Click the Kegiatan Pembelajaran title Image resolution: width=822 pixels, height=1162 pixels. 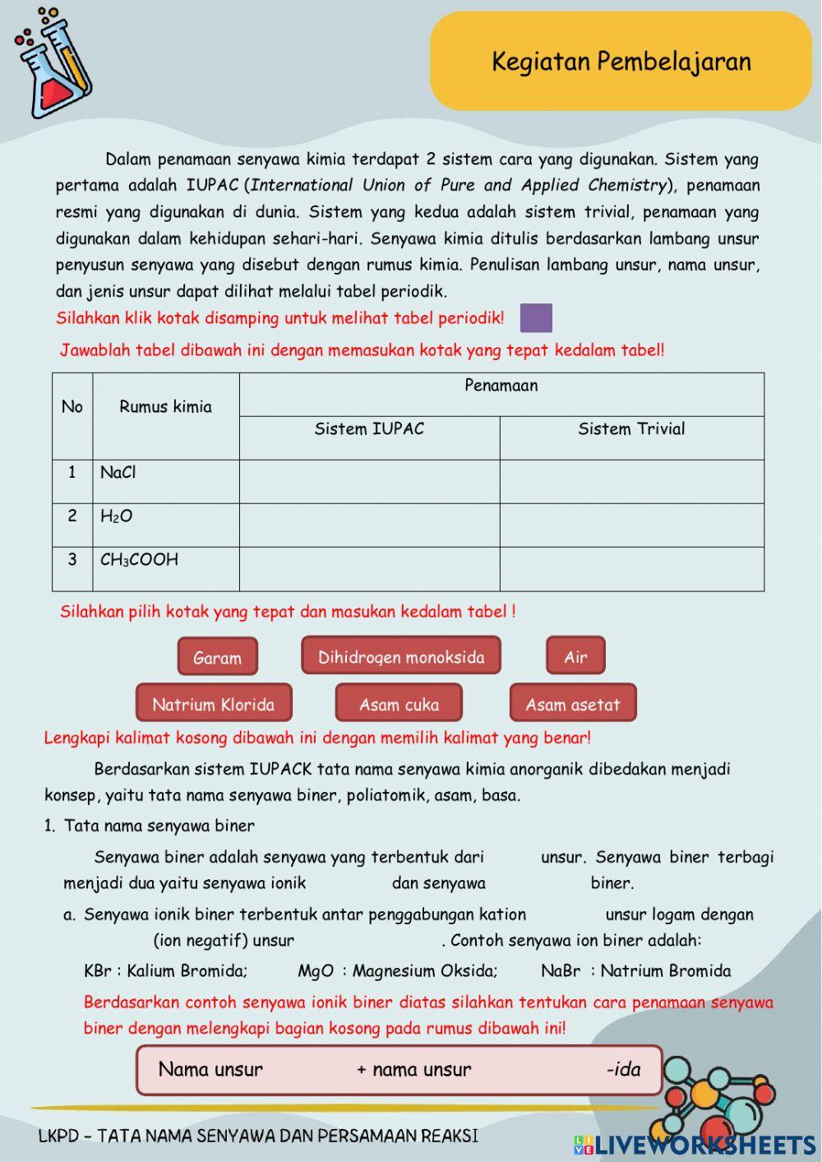click(x=621, y=62)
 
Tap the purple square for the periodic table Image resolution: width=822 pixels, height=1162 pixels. click(x=536, y=317)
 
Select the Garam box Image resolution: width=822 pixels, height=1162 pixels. click(x=217, y=657)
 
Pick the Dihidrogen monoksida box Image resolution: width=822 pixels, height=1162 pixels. click(x=401, y=656)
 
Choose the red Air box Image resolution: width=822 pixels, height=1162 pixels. click(x=575, y=656)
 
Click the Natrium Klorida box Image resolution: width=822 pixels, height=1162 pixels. click(x=214, y=704)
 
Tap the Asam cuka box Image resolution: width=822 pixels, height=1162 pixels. click(x=399, y=704)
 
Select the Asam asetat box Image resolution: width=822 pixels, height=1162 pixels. click(x=573, y=704)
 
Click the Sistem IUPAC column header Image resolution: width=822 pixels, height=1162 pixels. click(x=369, y=429)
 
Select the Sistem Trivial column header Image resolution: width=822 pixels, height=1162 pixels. click(x=631, y=429)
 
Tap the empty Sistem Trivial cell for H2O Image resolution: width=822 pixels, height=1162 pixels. click(x=631, y=525)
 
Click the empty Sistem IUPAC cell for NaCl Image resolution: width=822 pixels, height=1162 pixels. click(x=369, y=481)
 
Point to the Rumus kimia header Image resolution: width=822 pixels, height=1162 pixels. click(x=165, y=407)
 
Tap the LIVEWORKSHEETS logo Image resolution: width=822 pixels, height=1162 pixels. click(x=695, y=1144)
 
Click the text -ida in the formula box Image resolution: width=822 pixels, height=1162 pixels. click(x=623, y=1069)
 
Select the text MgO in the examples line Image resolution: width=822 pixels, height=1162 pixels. click(x=316, y=970)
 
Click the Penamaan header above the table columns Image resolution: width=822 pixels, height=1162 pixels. click(x=501, y=386)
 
